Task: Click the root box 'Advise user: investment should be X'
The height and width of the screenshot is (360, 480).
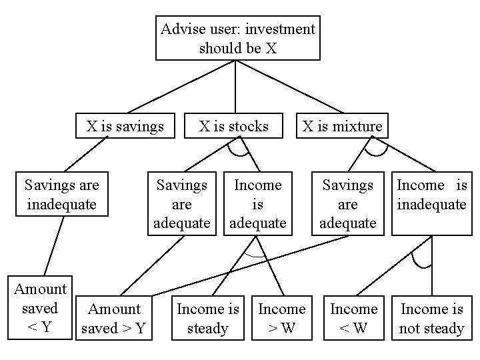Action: click(x=238, y=38)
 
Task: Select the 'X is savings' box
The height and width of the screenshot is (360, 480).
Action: click(x=125, y=126)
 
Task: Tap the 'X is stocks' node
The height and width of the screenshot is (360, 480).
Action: click(x=234, y=126)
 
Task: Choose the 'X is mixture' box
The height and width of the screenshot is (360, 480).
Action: click(x=343, y=126)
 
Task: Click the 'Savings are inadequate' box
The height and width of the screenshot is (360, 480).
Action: click(x=61, y=194)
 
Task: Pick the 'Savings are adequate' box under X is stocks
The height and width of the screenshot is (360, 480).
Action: click(x=181, y=203)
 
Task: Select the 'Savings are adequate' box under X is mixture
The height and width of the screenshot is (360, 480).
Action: click(x=347, y=203)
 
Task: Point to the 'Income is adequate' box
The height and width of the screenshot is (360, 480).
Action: click(x=257, y=203)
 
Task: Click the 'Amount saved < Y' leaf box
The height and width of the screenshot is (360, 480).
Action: click(x=40, y=309)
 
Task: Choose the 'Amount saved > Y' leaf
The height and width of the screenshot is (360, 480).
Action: click(x=115, y=318)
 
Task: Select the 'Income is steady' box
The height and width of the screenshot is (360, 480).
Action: click(x=207, y=318)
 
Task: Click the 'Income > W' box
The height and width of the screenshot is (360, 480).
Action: click(x=281, y=318)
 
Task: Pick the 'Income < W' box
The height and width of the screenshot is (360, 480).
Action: click(x=354, y=318)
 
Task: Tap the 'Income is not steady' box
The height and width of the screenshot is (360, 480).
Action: click(x=431, y=318)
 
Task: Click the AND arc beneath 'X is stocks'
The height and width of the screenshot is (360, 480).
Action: click(x=237, y=153)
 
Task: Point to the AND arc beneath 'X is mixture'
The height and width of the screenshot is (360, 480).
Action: click(x=376, y=153)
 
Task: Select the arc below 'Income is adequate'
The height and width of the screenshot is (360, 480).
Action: click(x=253, y=256)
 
